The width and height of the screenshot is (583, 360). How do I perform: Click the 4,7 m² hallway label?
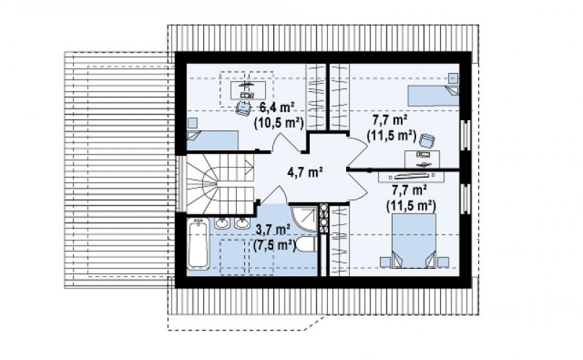point(305,172)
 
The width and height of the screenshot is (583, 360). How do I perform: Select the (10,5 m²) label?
point(279,122)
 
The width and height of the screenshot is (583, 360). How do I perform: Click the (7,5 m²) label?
point(275,245)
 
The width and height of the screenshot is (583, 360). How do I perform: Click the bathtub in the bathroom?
point(197,243)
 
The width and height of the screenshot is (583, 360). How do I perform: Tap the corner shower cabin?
point(304,219)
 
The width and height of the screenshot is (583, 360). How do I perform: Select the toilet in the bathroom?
point(307,244)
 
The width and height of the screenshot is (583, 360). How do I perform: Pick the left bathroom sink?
point(222,223)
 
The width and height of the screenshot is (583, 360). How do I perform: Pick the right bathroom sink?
point(242,223)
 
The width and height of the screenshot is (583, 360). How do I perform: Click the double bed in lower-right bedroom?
point(414,240)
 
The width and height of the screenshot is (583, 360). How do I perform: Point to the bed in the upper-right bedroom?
point(433,95)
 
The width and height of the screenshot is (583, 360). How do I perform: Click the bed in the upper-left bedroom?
point(213,140)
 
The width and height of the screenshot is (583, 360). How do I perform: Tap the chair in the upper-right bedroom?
point(427,141)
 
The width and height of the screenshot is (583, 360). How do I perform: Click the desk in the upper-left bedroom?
point(247,90)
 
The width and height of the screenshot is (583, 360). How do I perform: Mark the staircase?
point(220,184)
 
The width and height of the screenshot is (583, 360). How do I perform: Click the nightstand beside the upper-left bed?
point(192,123)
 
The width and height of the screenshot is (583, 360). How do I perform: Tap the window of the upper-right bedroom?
point(465,136)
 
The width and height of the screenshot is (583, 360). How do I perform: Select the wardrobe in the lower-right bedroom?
point(339,241)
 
